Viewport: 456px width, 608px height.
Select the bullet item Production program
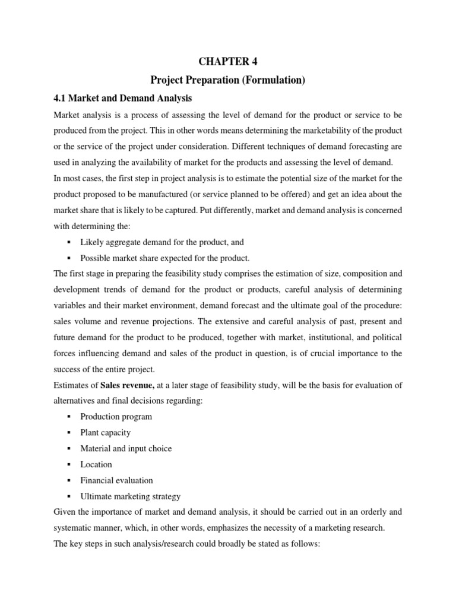[x=116, y=416]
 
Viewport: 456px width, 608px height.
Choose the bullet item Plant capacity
[x=105, y=432]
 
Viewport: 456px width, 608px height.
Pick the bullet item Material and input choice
[x=126, y=448]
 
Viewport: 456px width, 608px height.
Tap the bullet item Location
[x=96, y=464]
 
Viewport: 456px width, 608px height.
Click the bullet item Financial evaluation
[x=116, y=480]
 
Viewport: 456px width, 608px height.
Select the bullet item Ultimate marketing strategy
[x=130, y=496]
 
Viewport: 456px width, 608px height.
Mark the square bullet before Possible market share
[x=70, y=258]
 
